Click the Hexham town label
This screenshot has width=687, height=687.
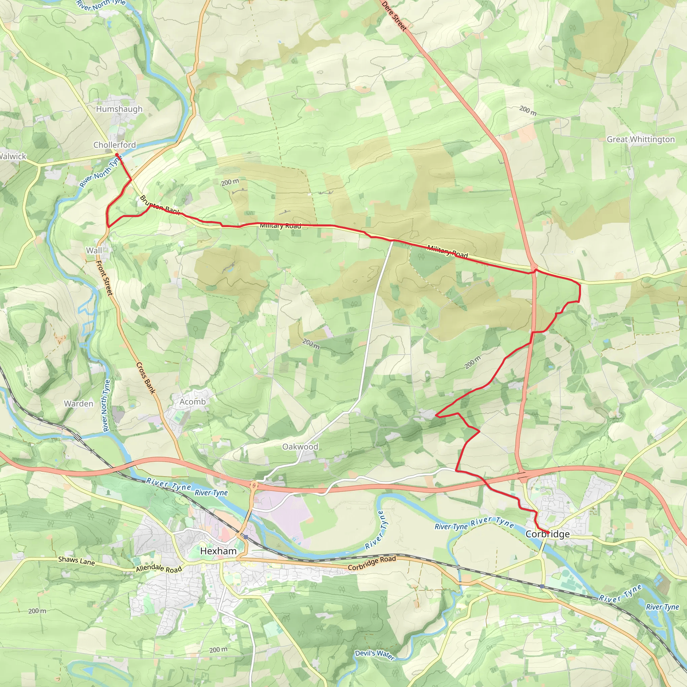point(218,551)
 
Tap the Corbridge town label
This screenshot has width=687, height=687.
point(547,534)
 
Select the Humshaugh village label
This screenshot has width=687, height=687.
point(119,109)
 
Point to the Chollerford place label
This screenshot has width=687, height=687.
point(114,145)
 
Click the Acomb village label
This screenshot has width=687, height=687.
point(192,402)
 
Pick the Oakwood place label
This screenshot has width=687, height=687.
point(300,446)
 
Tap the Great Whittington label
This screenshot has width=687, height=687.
point(640,140)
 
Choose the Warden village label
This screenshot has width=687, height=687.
point(78,404)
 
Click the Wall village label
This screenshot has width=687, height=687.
point(94,251)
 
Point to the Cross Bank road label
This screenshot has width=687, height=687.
point(146,378)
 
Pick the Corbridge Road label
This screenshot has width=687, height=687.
point(372,563)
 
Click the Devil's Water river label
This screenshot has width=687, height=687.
point(375,655)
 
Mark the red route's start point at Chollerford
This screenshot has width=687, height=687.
point(117,155)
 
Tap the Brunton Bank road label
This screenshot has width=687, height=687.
point(160,205)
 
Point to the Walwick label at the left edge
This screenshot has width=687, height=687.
point(13,156)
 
